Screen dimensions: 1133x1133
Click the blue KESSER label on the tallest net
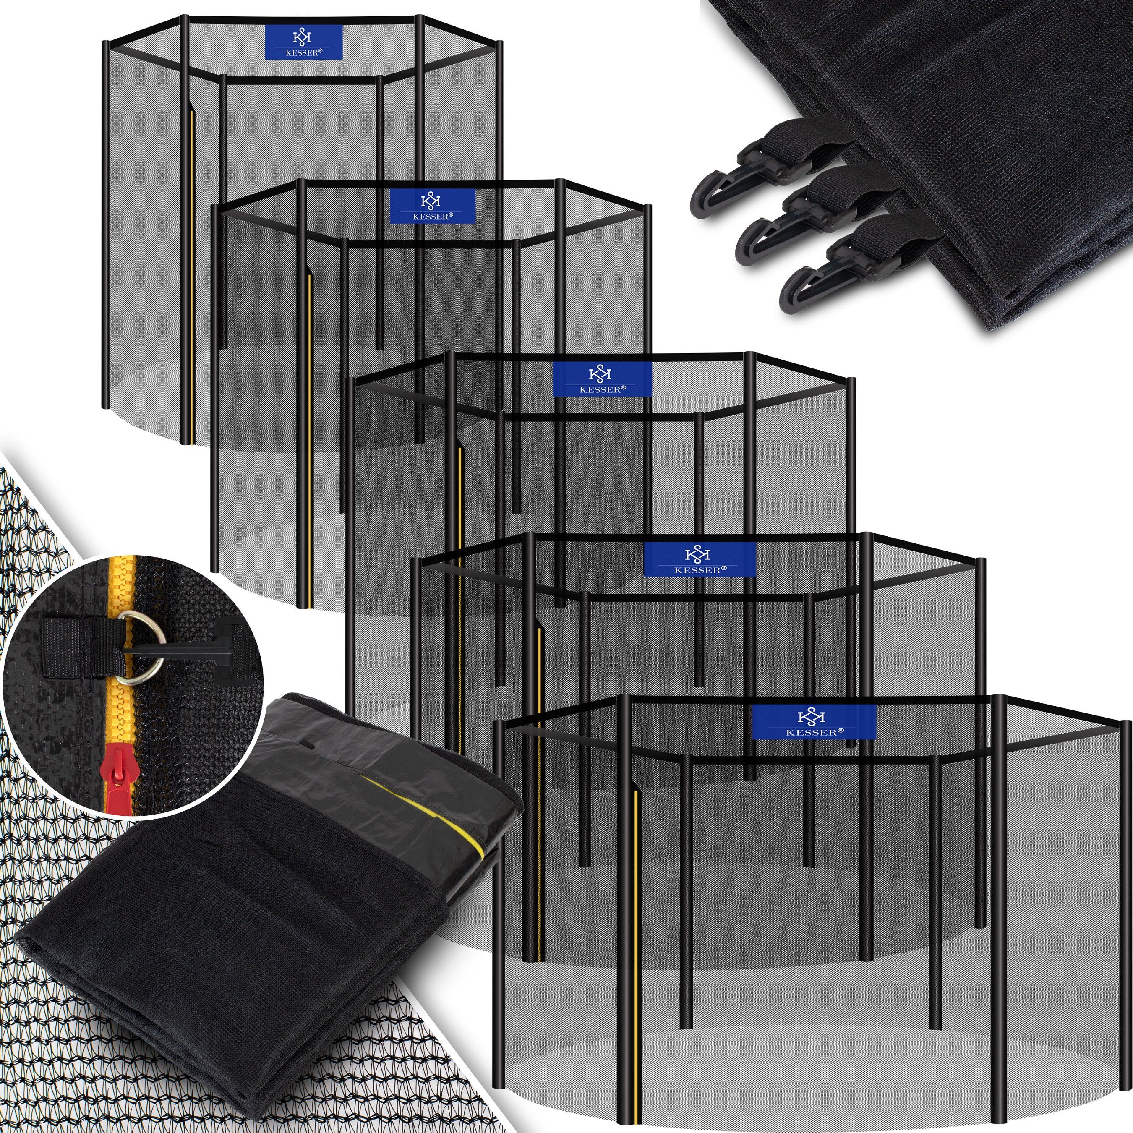303,42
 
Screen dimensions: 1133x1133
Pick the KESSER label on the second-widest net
700,559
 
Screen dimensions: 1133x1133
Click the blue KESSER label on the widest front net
814,722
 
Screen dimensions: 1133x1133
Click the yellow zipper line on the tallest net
192,276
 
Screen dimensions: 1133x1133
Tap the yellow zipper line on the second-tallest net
309,440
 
